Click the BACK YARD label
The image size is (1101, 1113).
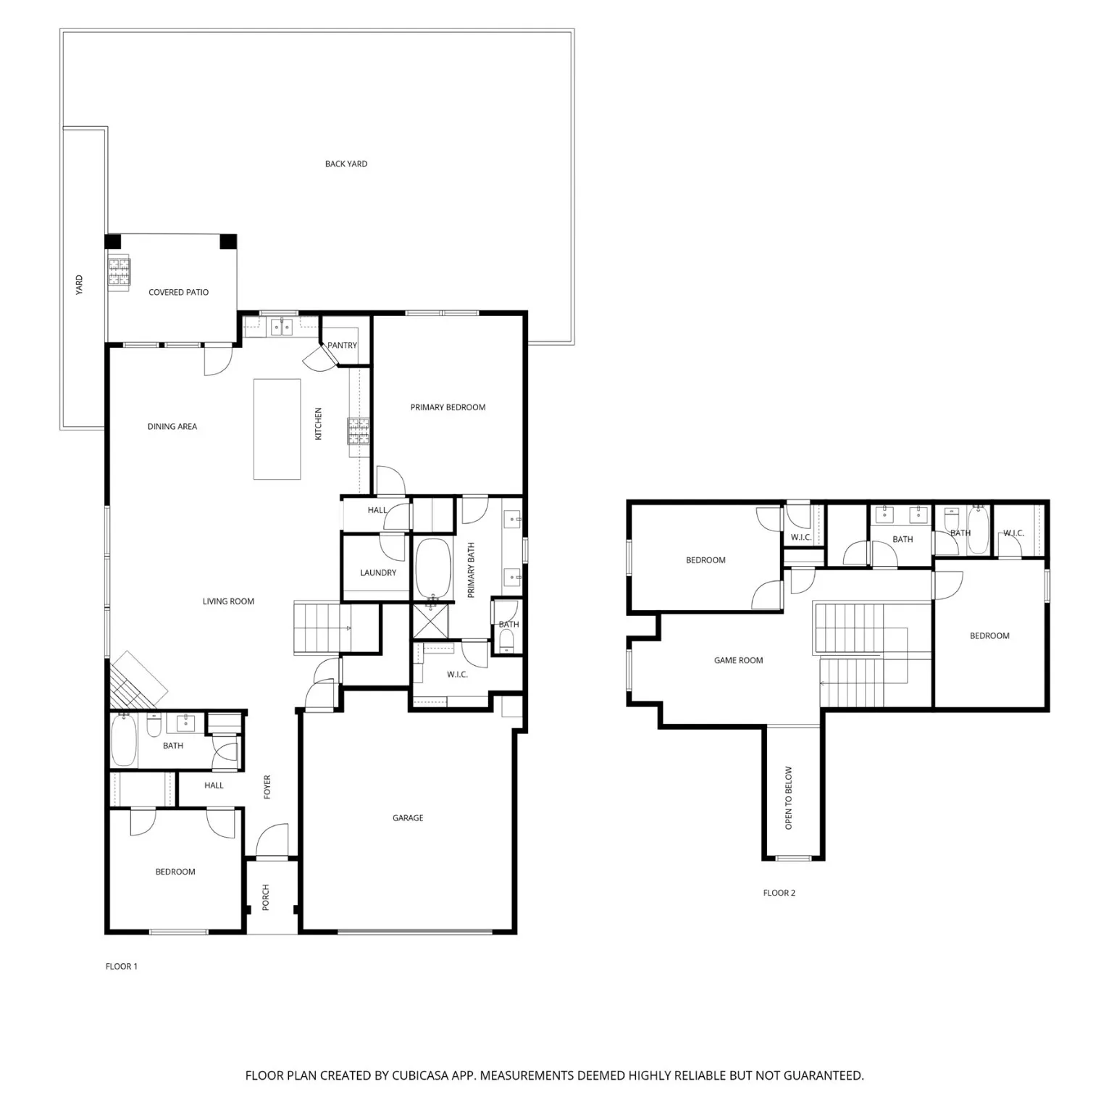tap(346, 164)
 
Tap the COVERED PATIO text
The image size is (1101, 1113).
tap(178, 292)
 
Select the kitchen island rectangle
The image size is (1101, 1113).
tap(277, 429)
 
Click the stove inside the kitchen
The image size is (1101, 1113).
tap(359, 431)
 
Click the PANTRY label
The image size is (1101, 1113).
tap(342, 345)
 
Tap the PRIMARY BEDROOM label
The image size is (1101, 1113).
tap(448, 407)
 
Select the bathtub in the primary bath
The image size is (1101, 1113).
tap(433, 569)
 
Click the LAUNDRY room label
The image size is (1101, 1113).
tap(378, 572)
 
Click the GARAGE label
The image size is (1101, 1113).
tap(408, 817)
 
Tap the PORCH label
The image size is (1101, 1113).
tap(266, 897)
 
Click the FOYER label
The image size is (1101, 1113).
tap(267, 787)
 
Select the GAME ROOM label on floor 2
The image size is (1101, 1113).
tap(738, 660)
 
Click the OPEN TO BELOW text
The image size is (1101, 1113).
tap(789, 798)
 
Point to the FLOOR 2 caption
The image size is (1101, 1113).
tap(779, 893)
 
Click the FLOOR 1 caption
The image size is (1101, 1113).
tap(121, 966)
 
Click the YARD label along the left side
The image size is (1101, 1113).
tap(80, 284)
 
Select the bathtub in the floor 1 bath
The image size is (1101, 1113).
tap(124, 740)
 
